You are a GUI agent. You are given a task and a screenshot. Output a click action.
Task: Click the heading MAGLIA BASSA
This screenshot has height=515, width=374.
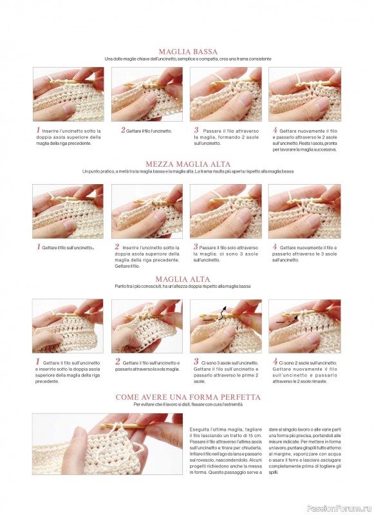[x=188, y=51]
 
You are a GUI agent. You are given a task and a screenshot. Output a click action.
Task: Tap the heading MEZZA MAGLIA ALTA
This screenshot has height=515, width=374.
[x=188, y=164]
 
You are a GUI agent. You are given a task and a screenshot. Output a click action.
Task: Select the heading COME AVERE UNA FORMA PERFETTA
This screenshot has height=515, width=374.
[x=188, y=397]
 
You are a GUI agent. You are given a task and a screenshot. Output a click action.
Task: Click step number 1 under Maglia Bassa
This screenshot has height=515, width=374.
[x=38, y=130]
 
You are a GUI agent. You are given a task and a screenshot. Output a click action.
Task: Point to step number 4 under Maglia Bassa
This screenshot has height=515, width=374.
[x=275, y=130]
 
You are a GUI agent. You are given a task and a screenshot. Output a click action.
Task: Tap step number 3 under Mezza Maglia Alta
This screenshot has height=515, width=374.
[x=196, y=247]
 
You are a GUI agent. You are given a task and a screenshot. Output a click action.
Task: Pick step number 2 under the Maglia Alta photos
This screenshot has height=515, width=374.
[x=118, y=362]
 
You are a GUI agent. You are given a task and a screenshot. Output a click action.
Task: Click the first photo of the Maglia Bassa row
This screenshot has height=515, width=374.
[x=68, y=94]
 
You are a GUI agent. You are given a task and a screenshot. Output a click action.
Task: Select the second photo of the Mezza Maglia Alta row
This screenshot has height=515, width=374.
[x=147, y=211]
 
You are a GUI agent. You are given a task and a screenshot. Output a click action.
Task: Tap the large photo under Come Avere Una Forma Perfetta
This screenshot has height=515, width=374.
[x=108, y=444]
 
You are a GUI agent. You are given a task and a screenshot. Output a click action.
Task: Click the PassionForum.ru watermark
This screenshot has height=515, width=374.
[x=339, y=509]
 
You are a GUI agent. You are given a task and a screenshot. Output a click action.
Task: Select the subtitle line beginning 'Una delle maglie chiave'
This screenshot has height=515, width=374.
[x=188, y=59]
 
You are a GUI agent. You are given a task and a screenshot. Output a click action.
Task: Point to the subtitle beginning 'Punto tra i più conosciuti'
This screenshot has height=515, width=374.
[x=183, y=286]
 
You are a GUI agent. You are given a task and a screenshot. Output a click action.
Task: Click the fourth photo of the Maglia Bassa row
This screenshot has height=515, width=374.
[x=304, y=94]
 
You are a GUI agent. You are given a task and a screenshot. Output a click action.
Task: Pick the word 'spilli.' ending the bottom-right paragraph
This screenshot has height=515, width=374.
[x=273, y=473]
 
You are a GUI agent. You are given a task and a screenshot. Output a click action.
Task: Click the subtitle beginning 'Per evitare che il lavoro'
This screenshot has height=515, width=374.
[x=188, y=404]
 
